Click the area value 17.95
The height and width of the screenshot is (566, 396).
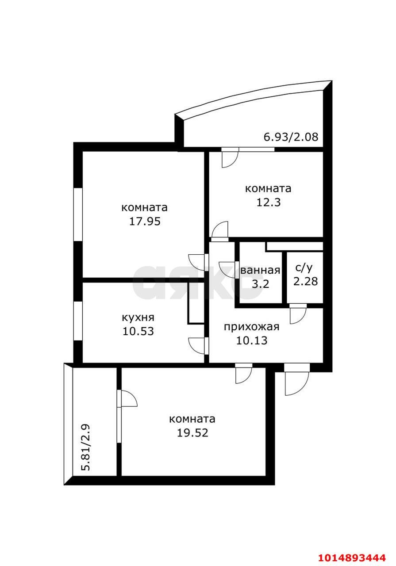[x=145, y=222]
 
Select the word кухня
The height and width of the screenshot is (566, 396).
[x=138, y=317]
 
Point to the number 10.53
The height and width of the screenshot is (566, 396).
[x=138, y=331]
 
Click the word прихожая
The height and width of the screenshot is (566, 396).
[x=252, y=327]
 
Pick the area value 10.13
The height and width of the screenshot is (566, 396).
[x=252, y=340]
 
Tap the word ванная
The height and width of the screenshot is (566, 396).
[x=260, y=270]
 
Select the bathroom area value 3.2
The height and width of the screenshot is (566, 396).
[x=260, y=284]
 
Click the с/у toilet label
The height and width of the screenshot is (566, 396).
[x=304, y=268]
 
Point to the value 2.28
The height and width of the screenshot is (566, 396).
[x=305, y=281]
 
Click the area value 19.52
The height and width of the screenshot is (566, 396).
[x=192, y=433]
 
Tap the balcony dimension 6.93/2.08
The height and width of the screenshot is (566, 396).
[x=291, y=137]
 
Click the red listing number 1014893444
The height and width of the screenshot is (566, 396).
[x=352, y=557]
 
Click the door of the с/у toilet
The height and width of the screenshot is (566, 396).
[x=298, y=314]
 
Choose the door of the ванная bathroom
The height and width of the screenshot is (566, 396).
[x=229, y=270]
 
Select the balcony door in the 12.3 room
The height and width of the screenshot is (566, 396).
[x=230, y=158]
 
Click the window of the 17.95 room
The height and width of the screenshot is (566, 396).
[x=78, y=214]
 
